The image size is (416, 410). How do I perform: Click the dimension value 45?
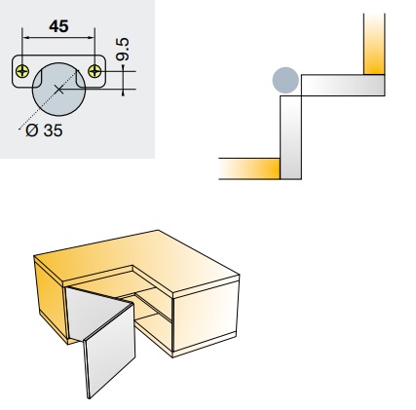click(x=58, y=26)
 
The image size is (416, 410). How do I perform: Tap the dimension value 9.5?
click(x=123, y=50)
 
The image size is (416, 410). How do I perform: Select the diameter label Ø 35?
click(x=44, y=130)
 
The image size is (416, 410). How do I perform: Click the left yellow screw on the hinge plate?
click(x=22, y=71)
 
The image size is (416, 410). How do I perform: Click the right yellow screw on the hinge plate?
click(x=95, y=71)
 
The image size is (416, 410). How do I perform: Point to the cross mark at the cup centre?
click(x=58, y=90)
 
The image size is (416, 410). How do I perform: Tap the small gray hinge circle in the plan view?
click(x=285, y=80)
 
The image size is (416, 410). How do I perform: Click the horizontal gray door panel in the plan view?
click(x=343, y=86)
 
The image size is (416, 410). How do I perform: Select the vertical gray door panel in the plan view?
click(x=290, y=137)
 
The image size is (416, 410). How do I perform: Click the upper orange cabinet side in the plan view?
click(x=374, y=44)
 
